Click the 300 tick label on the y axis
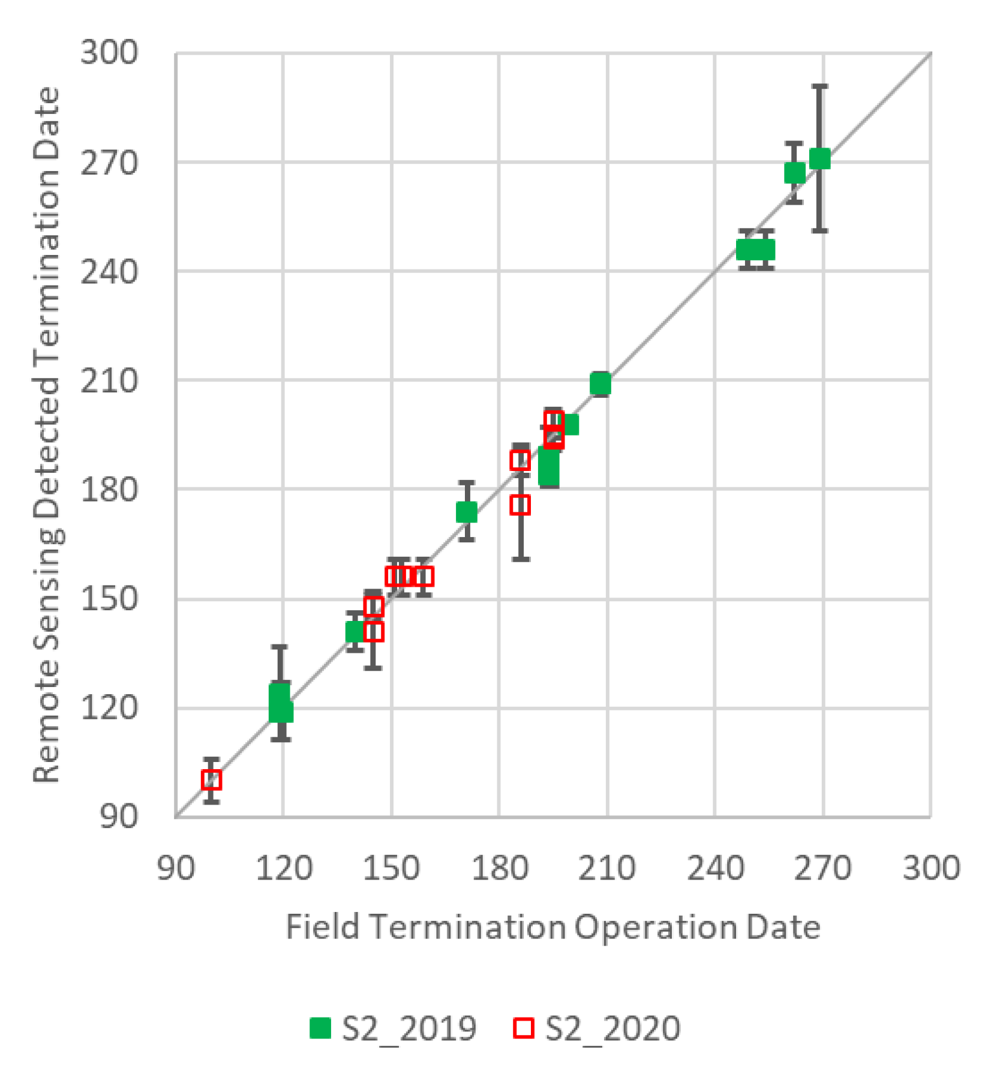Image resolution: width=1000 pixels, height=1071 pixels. pyautogui.click(x=109, y=53)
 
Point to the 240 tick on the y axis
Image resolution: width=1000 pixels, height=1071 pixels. pyautogui.click(x=109, y=272)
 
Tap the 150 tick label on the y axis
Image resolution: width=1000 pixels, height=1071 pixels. pyautogui.click(x=109, y=599)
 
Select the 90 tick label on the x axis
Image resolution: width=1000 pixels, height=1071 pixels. pyautogui.click(x=176, y=868)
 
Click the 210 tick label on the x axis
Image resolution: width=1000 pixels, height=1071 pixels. pyautogui.click(x=606, y=868)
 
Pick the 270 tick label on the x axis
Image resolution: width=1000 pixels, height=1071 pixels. pyautogui.click(x=822, y=868)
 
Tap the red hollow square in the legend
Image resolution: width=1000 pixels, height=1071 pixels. pyautogui.click(x=523, y=1027)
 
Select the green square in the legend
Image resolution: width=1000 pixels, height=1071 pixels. pyautogui.click(x=320, y=1027)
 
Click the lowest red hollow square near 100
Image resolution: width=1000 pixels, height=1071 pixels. pyautogui.click(x=211, y=779)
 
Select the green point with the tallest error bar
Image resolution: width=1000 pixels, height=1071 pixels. pyautogui.click(x=819, y=159)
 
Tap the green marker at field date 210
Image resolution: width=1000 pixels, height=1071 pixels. pyautogui.click(x=600, y=384)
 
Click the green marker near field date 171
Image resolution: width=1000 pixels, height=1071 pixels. pyautogui.click(x=467, y=512)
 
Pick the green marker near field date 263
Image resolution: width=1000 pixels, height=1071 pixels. pyautogui.click(x=795, y=173)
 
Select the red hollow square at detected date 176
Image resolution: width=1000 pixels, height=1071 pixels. pyautogui.click(x=520, y=505)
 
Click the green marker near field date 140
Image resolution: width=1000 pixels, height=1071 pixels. pyautogui.click(x=356, y=631)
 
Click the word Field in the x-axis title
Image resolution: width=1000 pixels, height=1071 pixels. pyautogui.click(x=322, y=927)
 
